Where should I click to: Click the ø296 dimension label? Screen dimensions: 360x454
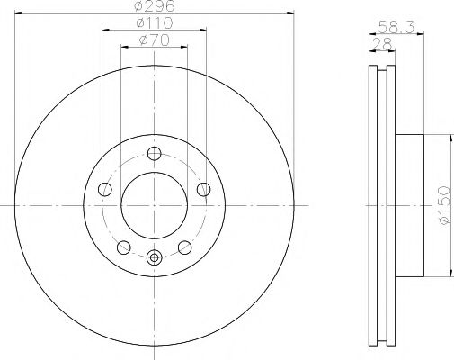pos(156,7)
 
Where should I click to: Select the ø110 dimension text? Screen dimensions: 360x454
pos(155,24)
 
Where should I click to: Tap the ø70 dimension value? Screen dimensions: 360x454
pos(154,41)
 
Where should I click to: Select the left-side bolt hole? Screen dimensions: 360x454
pos(104,189)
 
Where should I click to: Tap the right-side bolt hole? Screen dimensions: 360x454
pos(205,189)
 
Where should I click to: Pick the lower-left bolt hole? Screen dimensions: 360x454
pos(124,247)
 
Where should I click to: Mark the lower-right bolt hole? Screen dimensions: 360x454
pos(185,247)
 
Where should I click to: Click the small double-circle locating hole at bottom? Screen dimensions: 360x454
pos(155,259)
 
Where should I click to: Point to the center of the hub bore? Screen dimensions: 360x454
pos(155,205)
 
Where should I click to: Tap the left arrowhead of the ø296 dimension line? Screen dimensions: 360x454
pos(20,13)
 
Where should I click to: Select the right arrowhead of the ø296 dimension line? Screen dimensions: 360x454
pos(290,13)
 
